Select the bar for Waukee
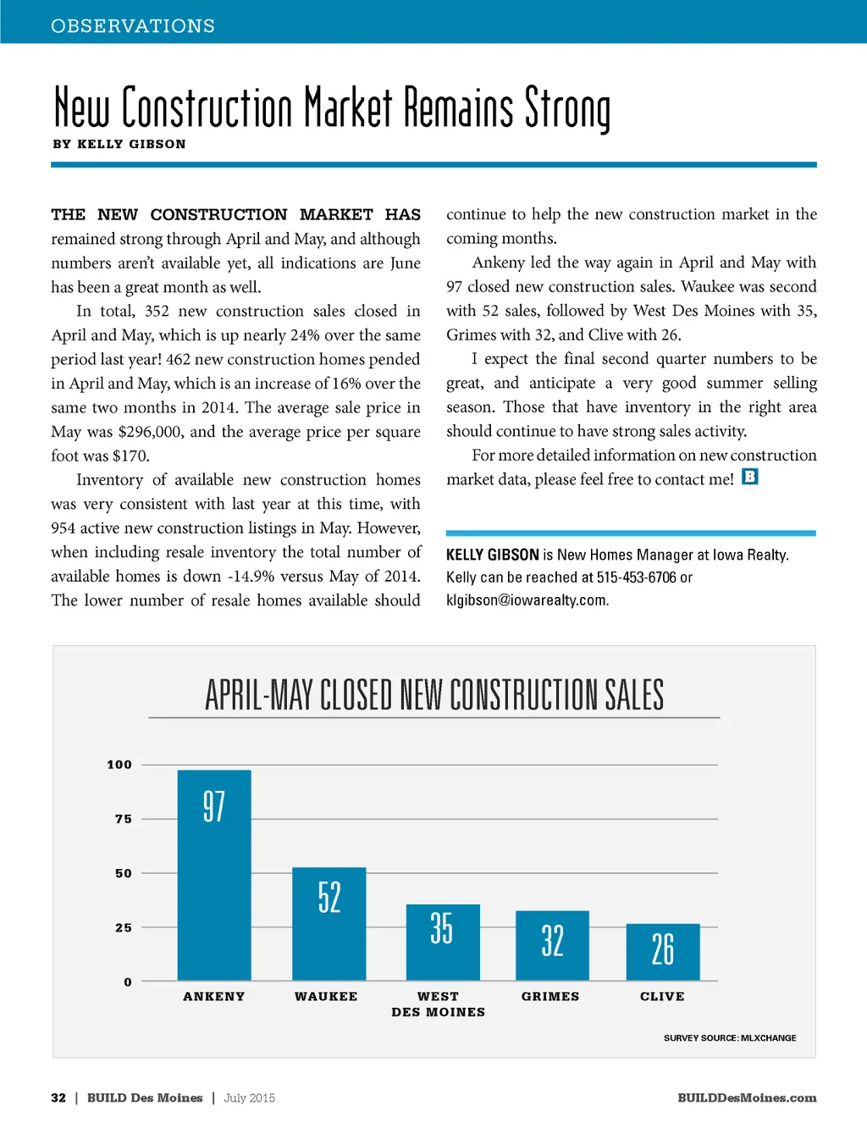point(329,924)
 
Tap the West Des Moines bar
point(443,942)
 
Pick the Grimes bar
point(552,946)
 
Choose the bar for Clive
point(663,952)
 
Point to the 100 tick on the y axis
point(119,765)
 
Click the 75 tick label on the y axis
point(124,819)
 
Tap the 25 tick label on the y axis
point(124,928)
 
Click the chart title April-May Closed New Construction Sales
point(434,695)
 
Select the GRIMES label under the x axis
point(550,997)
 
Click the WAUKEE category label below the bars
point(326,997)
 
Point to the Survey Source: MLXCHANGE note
point(730,1038)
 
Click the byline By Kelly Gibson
point(119,144)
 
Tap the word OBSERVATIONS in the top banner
point(133,26)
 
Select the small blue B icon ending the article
point(750,477)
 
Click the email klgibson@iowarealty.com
point(527,600)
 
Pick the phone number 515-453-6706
point(637,578)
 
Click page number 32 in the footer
point(58,1098)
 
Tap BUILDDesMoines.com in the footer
point(747,1098)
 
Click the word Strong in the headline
point(567,109)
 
